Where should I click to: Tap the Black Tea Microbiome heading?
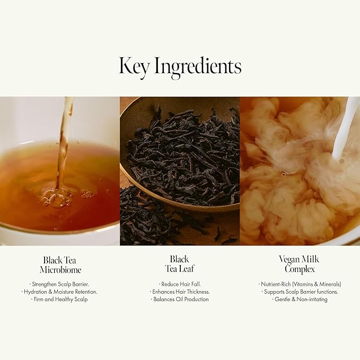60,265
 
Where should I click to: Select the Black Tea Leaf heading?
179,264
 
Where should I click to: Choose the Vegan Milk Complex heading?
300,264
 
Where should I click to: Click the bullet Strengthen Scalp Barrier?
60,284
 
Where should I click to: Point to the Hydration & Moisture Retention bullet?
60,292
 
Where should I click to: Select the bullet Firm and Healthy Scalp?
60,299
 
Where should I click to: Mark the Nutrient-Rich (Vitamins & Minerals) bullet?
300,284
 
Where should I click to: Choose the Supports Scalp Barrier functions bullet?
300,292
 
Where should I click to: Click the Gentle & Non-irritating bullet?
300,299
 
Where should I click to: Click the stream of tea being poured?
64,143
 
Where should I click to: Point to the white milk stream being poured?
346,127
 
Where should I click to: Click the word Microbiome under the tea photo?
60,269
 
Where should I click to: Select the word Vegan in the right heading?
289,259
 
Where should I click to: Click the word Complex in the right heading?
300,269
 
